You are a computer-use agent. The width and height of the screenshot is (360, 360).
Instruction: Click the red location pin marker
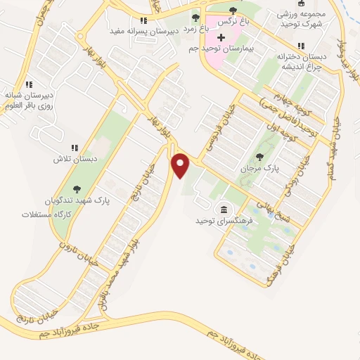point(181,165)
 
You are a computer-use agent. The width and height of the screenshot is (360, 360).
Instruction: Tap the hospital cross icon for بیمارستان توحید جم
point(221,37)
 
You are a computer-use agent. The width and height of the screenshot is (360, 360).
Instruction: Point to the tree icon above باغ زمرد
point(195,17)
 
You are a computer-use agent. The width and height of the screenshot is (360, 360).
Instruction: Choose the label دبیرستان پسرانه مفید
point(141,32)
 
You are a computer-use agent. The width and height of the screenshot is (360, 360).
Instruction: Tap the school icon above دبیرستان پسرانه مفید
point(143,21)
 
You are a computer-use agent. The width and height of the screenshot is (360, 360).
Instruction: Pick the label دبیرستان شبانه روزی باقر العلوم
point(30,99)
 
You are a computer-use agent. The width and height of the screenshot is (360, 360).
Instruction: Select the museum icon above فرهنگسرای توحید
point(224,210)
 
